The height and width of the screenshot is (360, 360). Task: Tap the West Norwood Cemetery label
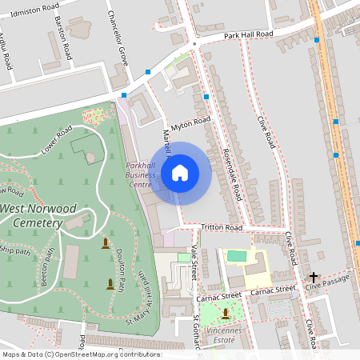point(38,215)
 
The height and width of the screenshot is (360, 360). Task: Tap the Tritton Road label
point(222,228)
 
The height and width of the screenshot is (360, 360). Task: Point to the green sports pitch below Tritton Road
point(238,256)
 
